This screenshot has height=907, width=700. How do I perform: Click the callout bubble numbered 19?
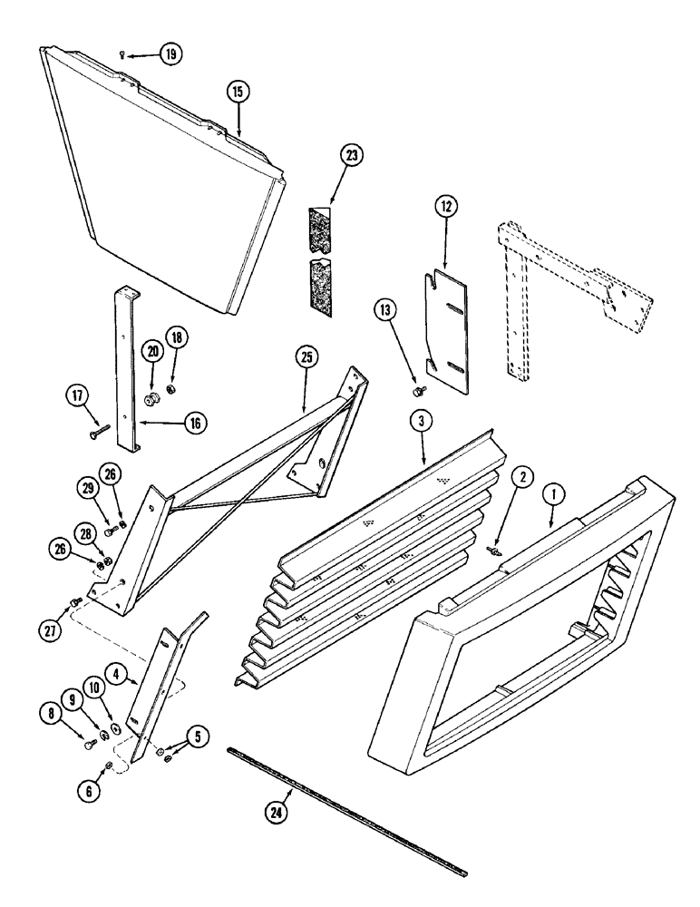tap(170, 54)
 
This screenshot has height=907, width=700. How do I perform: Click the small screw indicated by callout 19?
tap(122, 55)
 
